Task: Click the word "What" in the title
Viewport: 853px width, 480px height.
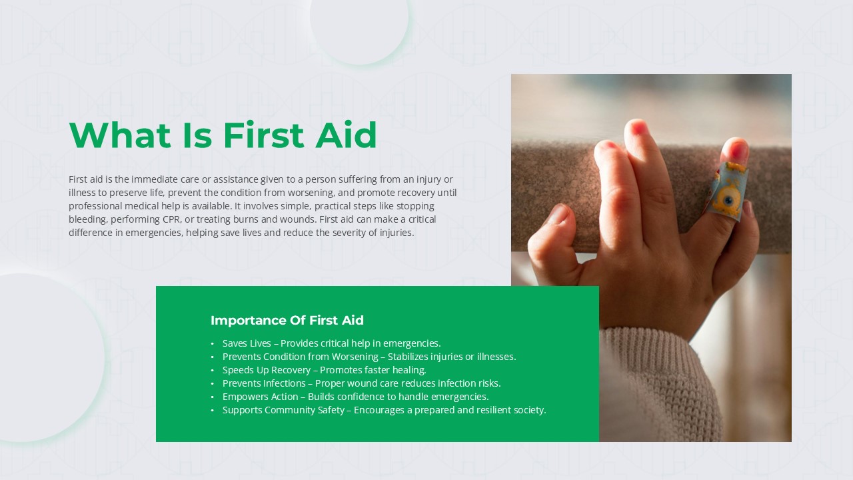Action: coord(120,135)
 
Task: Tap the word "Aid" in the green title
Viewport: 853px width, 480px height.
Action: coord(346,135)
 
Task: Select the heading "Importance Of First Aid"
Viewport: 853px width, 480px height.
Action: coord(287,321)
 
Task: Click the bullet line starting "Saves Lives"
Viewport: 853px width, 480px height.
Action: coord(331,343)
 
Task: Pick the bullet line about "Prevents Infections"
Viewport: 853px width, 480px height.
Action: coord(361,383)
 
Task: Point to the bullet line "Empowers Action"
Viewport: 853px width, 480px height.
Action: coord(355,397)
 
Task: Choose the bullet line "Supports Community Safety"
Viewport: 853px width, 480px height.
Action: coord(385,410)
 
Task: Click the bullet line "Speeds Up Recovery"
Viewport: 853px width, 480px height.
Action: coord(324,370)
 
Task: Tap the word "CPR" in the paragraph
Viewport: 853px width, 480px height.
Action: coord(172,219)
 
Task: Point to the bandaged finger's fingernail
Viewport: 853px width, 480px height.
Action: coord(738,149)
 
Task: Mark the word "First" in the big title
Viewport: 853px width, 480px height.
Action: coord(263,135)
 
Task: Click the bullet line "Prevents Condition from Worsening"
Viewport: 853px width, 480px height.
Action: coord(369,357)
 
